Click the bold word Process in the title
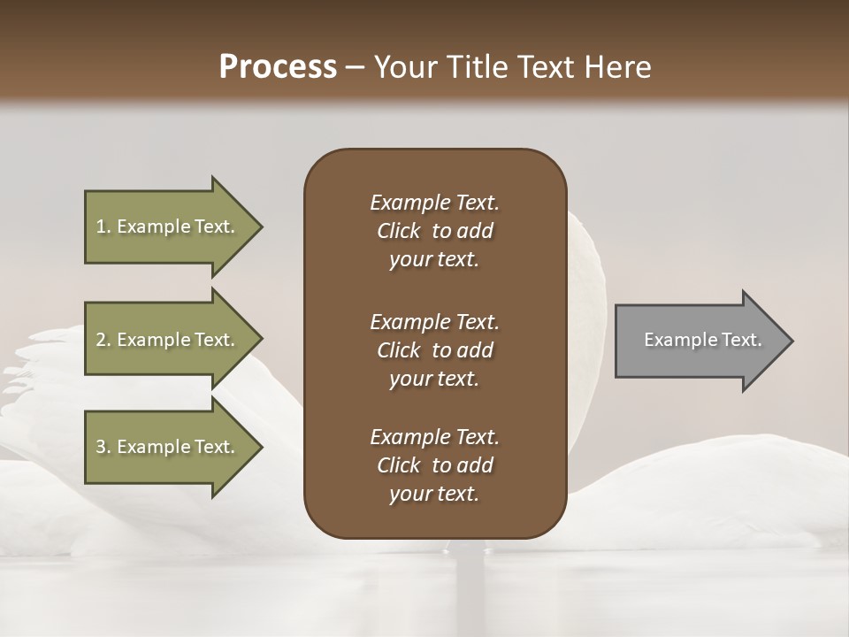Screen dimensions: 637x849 pyautogui.click(x=278, y=67)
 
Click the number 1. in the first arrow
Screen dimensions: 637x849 pyautogui.click(x=103, y=226)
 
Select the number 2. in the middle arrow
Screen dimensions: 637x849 pyautogui.click(x=103, y=340)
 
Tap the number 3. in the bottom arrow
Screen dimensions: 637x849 pyautogui.click(x=103, y=447)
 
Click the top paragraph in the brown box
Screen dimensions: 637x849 pyautogui.click(x=434, y=231)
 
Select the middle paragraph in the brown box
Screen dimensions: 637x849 pyautogui.click(x=434, y=350)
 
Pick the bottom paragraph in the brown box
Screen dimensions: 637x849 pyautogui.click(x=434, y=465)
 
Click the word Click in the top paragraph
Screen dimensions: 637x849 pyautogui.click(x=399, y=231)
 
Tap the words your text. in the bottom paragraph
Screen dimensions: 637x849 pyautogui.click(x=434, y=494)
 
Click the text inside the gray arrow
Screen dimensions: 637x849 pyautogui.click(x=703, y=340)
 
